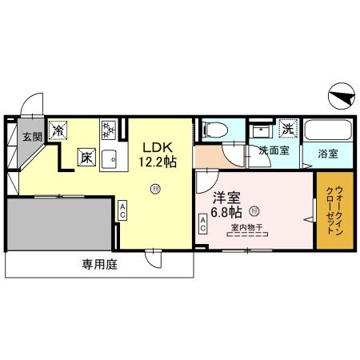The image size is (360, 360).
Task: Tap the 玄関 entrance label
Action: coord(30,136)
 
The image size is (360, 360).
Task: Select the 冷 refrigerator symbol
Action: coord(58,128)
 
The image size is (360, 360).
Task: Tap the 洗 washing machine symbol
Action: coord(286,127)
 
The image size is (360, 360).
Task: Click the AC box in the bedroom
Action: coord(202,228)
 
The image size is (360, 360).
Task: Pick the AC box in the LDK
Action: coord(122,211)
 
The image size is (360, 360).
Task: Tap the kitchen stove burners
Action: coord(110,128)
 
